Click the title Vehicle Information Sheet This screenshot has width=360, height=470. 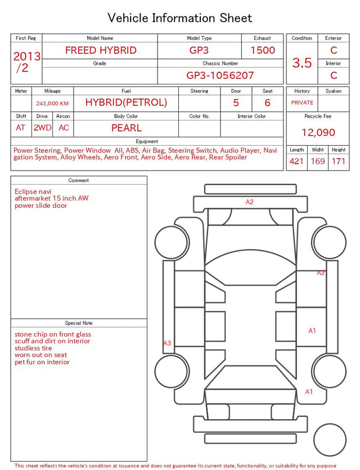(x=179, y=18)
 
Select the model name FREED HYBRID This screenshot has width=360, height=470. (x=101, y=50)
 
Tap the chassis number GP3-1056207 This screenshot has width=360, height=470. (x=220, y=75)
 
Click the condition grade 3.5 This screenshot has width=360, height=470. (x=302, y=62)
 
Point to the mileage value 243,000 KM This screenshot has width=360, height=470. (x=52, y=104)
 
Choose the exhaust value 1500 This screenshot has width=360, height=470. (x=263, y=50)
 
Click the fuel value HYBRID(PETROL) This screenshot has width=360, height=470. (x=126, y=102)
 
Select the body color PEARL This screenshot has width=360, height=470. (x=127, y=128)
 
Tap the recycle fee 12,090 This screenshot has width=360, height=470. (x=318, y=132)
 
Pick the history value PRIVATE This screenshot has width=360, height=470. (x=302, y=102)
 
